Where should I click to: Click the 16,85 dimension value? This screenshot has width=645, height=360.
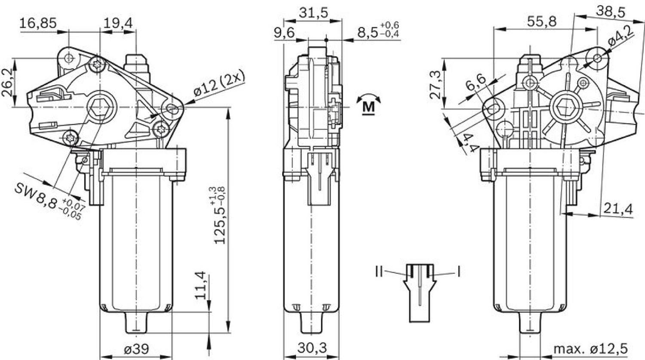pyautogui.click(x=38, y=23)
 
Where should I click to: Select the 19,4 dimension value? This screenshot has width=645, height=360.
pyautogui.click(x=117, y=23)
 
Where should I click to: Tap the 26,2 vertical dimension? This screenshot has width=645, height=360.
pyautogui.click(x=8, y=82)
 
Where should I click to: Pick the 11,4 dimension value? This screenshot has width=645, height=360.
pyautogui.click(x=200, y=285)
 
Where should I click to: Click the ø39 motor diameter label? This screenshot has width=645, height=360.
pyautogui.click(x=136, y=349)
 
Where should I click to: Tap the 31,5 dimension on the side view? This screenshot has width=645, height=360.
pyautogui.click(x=313, y=13)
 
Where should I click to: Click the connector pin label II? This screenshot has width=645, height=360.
pyautogui.click(x=379, y=271)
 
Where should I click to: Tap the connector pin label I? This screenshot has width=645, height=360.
pyautogui.click(x=458, y=271)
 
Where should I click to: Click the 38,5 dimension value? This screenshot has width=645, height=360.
pyautogui.click(x=611, y=12)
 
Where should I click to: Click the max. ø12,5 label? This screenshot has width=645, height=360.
pyautogui.click(x=590, y=348)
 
